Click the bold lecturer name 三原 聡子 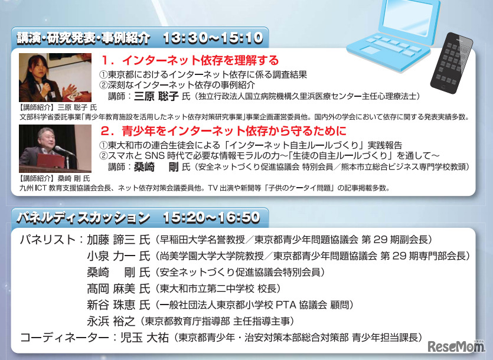pyautogui.click(x=156, y=96)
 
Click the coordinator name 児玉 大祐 pyautogui.click(x=143, y=338)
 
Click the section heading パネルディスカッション pyautogui.click(x=80, y=217)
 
